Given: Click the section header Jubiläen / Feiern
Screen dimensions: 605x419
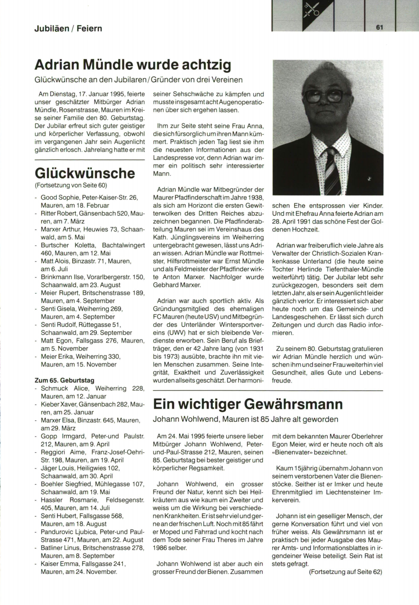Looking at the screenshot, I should (68, 28).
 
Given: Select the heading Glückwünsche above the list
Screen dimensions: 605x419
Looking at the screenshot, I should (85, 173).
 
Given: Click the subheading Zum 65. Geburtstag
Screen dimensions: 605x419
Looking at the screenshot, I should (65, 380).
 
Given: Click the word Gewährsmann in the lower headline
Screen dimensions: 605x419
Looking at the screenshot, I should (293, 404).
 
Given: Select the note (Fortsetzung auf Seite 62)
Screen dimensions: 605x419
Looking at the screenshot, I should (346, 572).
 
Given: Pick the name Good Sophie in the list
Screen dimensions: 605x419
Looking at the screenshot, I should (58, 197).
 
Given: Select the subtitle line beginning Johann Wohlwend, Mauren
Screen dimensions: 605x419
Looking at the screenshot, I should (245, 419).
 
